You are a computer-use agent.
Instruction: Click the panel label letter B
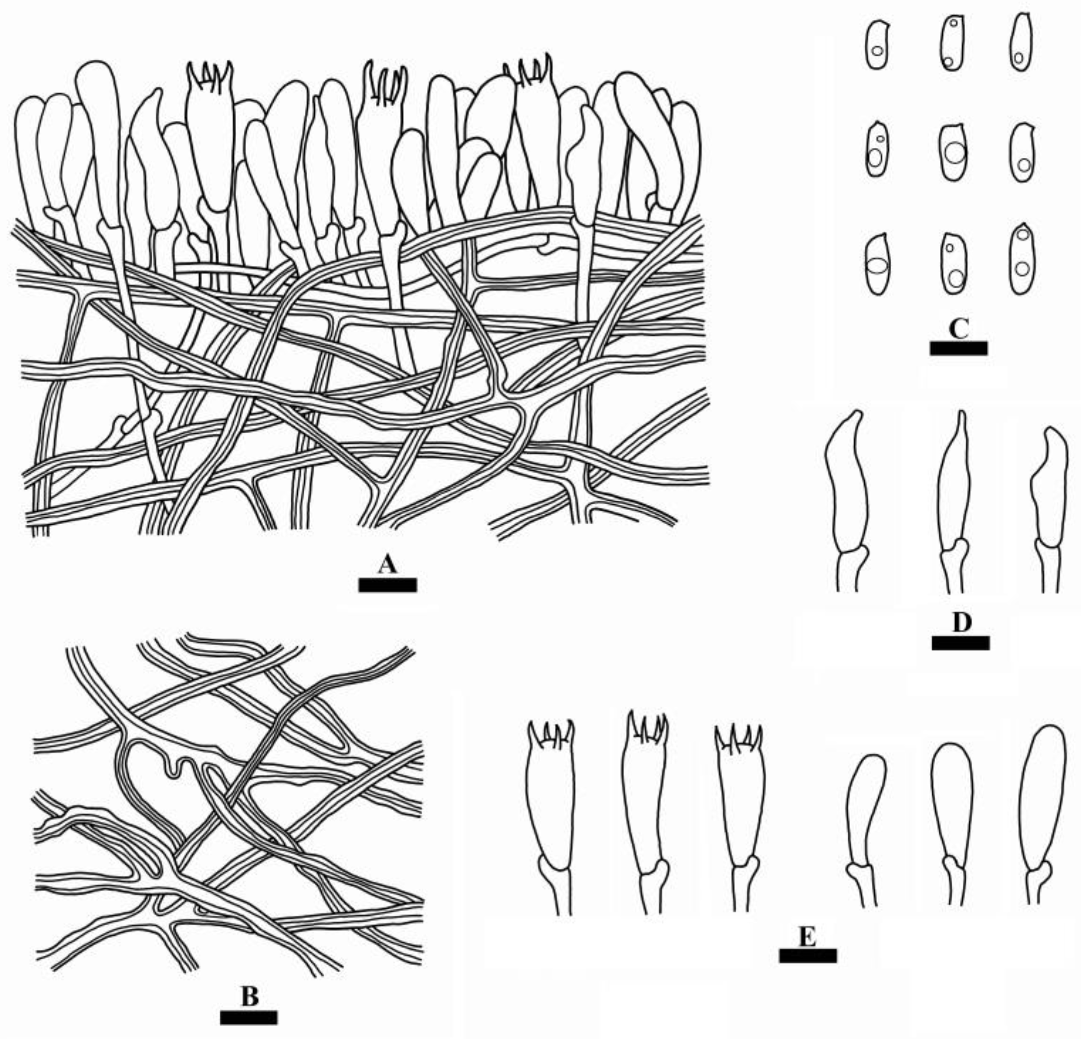click(x=249, y=997)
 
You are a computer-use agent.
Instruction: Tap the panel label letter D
click(x=961, y=622)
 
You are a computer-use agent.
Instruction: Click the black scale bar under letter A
click(x=387, y=585)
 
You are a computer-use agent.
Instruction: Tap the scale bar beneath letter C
click(x=958, y=348)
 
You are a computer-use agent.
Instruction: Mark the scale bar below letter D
click(x=960, y=643)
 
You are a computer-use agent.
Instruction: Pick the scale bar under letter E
click(x=807, y=956)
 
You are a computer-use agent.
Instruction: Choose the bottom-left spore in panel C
click(x=877, y=265)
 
